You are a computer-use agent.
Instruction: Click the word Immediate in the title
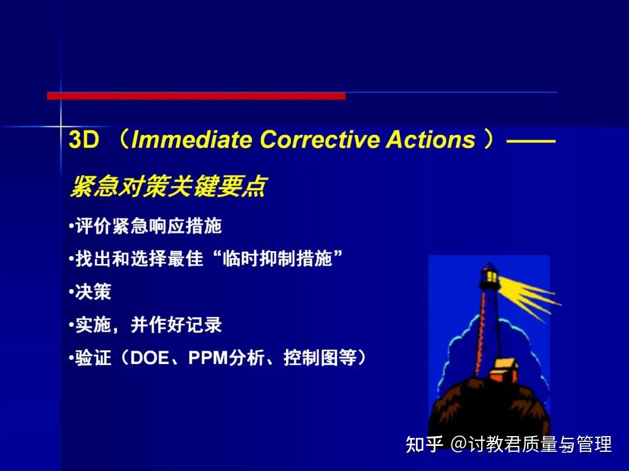192,140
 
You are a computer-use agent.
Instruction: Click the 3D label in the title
84,140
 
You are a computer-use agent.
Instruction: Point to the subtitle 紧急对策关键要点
167,186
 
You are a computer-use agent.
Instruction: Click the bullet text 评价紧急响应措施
149,226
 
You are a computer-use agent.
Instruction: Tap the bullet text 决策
93,292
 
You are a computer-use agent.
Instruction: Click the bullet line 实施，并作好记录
149,325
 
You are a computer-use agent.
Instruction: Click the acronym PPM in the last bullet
207,358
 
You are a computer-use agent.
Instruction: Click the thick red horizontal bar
196,96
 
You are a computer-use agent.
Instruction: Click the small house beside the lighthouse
504,370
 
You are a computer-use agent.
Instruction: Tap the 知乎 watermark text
425,445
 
